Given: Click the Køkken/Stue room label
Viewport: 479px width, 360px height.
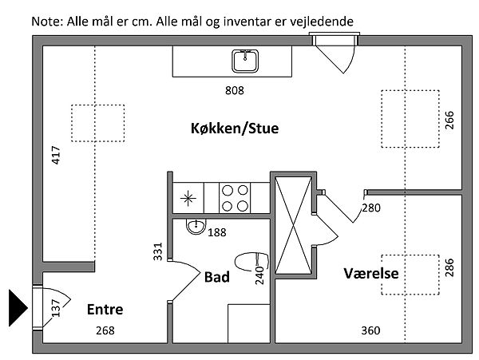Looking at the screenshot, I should (235, 128).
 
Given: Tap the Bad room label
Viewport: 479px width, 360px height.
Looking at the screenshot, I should (217, 277).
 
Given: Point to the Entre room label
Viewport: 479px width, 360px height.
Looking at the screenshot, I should (105, 310).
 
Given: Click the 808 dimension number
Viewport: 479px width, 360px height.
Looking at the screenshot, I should (235, 90).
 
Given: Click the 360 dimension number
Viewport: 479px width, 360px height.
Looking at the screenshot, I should (370, 330).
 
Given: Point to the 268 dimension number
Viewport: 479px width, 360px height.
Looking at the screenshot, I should (105, 330).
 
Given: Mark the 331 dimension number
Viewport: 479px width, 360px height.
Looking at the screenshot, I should (158, 251).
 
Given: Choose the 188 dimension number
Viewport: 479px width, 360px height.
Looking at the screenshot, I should (217, 232).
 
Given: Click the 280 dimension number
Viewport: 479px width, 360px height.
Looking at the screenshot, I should (371, 208).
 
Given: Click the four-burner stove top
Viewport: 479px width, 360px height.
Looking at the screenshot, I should (233, 198).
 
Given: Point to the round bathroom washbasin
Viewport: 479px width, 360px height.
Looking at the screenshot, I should (194, 227).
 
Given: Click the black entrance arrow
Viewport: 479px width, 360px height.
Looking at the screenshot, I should (18, 307).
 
